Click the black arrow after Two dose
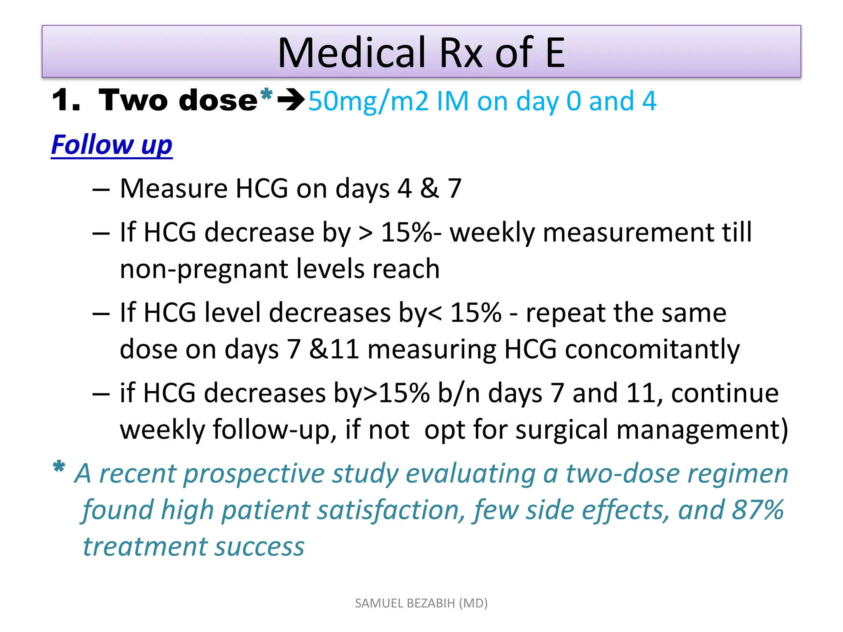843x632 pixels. click(291, 100)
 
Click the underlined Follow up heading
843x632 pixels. click(112, 145)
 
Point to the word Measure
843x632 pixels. click(173, 188)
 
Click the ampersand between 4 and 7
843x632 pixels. click(429, 188)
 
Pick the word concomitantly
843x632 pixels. click(652, 350)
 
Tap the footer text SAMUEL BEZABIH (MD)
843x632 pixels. click(421, 603)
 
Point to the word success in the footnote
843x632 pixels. click(259, 547)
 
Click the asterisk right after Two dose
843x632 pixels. click(266, 95)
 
